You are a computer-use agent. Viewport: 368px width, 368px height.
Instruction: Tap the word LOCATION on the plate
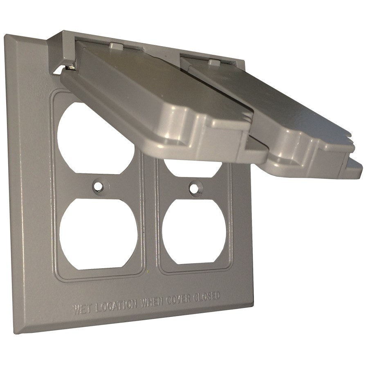(x=117, y=306)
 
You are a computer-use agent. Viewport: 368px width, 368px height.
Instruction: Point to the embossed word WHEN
(x=152, y=302)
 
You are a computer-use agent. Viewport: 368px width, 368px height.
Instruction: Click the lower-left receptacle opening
(x=98, y=234)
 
